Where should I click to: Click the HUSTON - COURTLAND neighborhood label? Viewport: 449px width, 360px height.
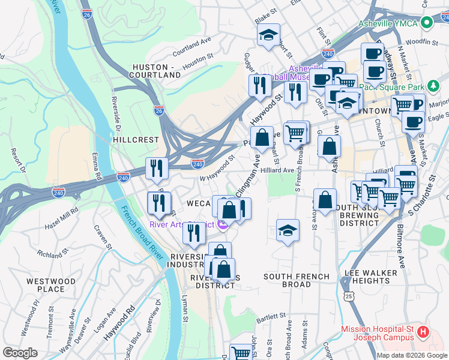tap(156, 71)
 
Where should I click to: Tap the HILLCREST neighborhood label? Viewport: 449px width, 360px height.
tap(136, 139)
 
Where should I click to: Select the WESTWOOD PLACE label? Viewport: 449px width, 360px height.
tap(50, 285)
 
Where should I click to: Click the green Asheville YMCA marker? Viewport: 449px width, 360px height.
tap(427, 23)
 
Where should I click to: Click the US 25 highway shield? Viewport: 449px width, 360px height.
tap(349, 295)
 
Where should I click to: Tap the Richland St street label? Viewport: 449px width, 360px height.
tap(50, 254)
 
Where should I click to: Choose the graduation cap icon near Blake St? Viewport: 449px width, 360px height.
tap(268, 35)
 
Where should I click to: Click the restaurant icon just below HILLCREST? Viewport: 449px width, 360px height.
tap(157, 169)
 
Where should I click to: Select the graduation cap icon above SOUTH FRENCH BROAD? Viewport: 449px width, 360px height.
tap(288, 230)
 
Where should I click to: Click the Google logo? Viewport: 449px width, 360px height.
tap(20, 353)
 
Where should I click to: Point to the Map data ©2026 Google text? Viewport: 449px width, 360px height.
tap(412, 355)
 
